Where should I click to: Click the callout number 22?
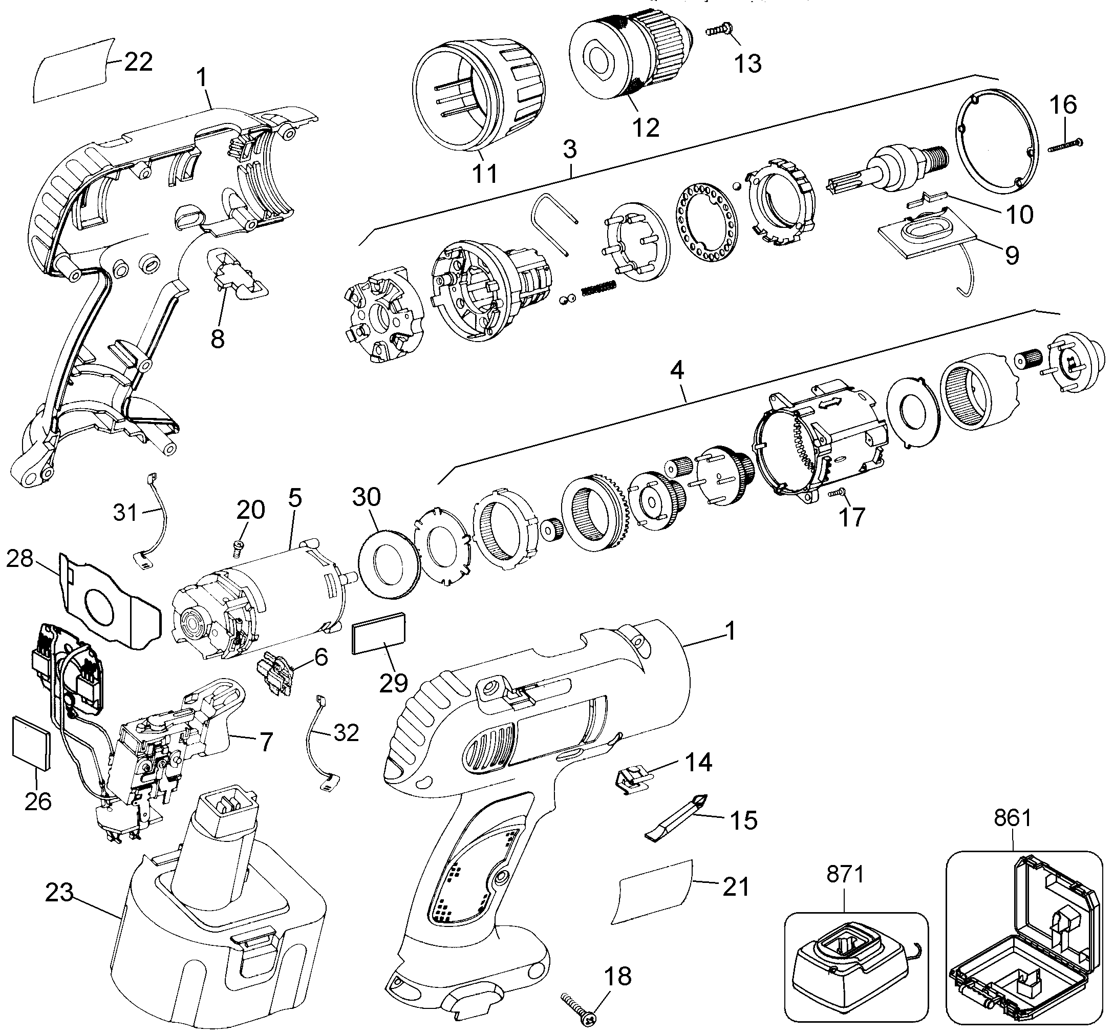pos(138,61)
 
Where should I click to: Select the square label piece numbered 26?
pos(31,742)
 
